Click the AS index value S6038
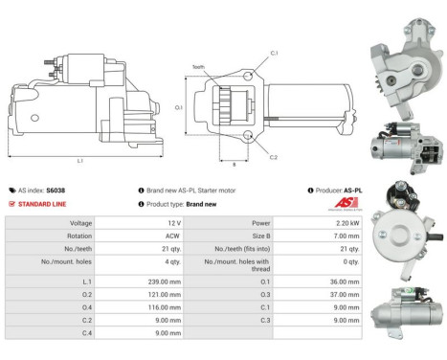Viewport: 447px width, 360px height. tap(56, 191)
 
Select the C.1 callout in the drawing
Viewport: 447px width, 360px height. tap(274, 53)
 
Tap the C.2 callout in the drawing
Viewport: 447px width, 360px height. tap(274, 157)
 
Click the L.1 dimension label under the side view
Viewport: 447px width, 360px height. tap(78, 160)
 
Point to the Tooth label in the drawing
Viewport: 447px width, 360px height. tap(198, 67)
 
